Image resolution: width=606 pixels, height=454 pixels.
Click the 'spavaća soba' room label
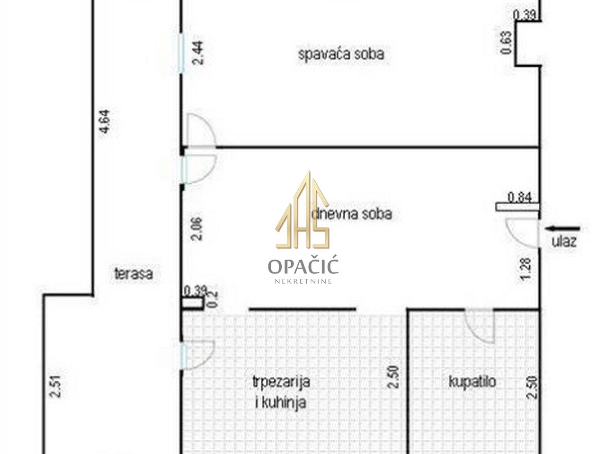tap(341, 54)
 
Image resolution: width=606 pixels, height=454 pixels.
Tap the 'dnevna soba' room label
tap(351, 214)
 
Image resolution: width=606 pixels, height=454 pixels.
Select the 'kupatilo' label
tap(472, 382)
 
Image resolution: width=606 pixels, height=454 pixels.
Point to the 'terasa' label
tap(134, 274)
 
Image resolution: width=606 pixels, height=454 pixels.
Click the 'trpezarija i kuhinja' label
tap(281, 392)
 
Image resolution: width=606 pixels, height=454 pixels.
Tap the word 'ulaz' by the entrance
tap(564, 242)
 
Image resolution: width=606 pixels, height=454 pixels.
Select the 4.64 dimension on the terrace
tap(105, 122)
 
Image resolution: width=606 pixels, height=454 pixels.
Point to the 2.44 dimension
tap(198, 52)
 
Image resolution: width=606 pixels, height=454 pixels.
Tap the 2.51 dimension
tap(55, 387)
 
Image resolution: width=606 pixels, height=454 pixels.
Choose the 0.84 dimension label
tap(519, 197)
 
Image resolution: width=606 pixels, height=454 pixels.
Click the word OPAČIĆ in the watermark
tap(303, 266)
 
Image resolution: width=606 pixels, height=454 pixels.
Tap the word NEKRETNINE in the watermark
tap(303, 281)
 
